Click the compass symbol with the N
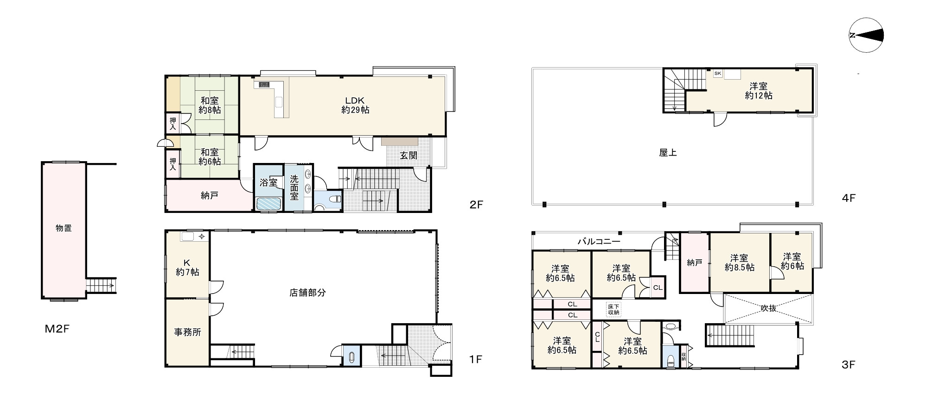pyautogui.click(x=867, y=35)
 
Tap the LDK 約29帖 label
pyautogui.click(x=355, y=105)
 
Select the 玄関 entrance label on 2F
pyautogui.click(x=409, y=155)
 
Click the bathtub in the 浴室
pyautogui.click(x=268, y=204)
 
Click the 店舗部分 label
pyautogui.click(x=308, y=293)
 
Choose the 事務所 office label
pyautogui.click(x=187, y=332)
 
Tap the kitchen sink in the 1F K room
pyautogui.click(x=188, y=237)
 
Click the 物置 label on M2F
pyautogui.click(x=64, y=228)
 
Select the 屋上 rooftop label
pyautogui.click(x=668, y=152)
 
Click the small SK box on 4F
pyautogui.click(x=717, y=74)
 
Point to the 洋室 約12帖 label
pyautogui.click(x=759, y=91)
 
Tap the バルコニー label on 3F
pyautogui.click(x=599, y=241)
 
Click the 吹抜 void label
pyautogui.click(x=768, y=308)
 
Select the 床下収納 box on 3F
pyautogui.click(x=613, y=309)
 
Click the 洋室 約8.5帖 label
pyautogui.click(x=739, y=263)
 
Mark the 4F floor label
pyautogui.click(x=848, y=198)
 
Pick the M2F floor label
pyautogui.click(x=57, y=329)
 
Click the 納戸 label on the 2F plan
pyautogui.click(x=210, y=195)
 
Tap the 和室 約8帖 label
pyautogui.click(x=210, y=105)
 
